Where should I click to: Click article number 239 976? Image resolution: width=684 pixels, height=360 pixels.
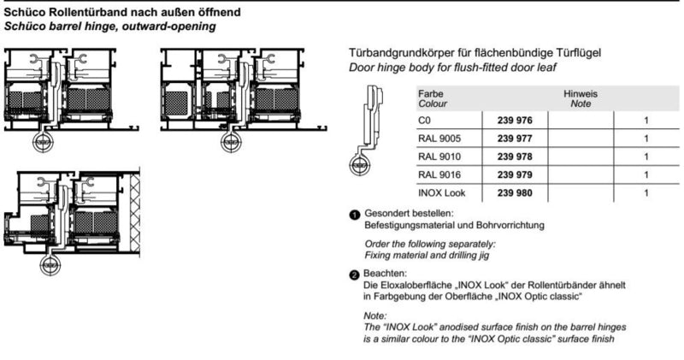515,121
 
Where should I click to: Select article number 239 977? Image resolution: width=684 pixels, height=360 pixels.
515,139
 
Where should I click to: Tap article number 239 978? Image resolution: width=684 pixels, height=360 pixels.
515,156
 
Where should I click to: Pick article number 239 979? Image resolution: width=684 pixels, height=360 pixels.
515,175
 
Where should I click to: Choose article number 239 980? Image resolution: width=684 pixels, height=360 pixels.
515,193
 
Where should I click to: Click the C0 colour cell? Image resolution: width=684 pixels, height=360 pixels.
424,121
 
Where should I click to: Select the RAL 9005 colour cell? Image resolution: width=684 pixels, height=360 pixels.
439,139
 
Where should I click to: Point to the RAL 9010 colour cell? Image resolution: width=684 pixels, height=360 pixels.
439,156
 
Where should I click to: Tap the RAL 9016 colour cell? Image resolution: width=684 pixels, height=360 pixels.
439,175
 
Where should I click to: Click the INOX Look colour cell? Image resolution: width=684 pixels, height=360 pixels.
441,193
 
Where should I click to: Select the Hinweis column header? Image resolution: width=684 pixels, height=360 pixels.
581,94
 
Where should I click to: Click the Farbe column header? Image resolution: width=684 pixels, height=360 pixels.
431,94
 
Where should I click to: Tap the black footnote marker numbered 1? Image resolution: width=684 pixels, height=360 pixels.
355,215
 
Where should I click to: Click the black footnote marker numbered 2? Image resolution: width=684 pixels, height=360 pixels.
355,274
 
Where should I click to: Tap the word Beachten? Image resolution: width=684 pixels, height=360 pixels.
385,274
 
